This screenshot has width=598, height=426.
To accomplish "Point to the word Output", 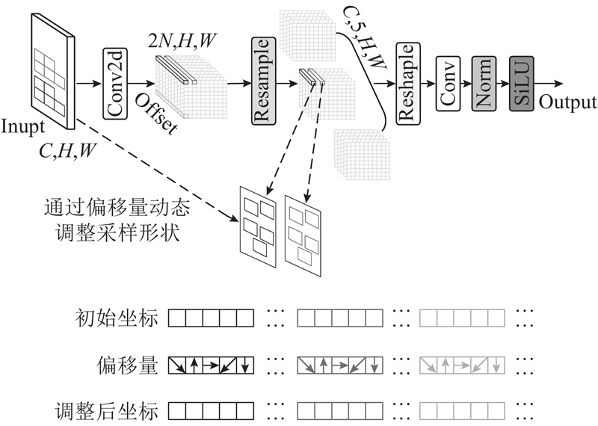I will (567, 102).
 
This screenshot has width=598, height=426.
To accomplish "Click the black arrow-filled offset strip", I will (212, 365).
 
